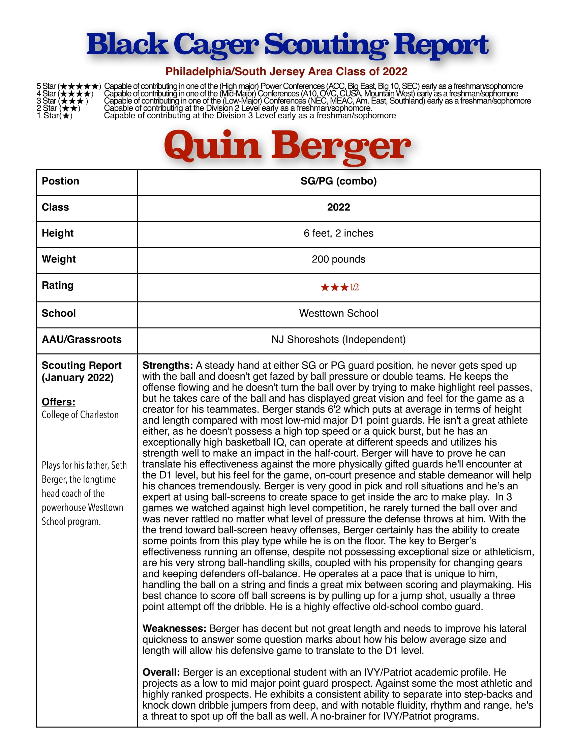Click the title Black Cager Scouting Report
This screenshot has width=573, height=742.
[x=287, y=45]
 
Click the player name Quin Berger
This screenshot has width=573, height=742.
[x=287, y=147]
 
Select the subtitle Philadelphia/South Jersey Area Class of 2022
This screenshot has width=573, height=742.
[x=286, y=72]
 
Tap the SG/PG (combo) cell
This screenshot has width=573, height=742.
[x=338, y=181]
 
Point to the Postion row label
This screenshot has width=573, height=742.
[x=60, y=181]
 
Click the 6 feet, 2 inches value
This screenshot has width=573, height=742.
[x=338, y=233]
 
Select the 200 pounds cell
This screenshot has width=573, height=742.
[x=338, y=259]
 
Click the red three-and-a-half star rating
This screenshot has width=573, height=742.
[x=339, y=287]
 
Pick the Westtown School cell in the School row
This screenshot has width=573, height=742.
[x=338, y=313]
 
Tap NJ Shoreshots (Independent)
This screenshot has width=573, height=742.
[x=338, y=339]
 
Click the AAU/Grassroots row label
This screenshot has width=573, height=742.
[x=82, y=339]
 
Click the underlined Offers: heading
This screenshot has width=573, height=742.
[x=58, y=402]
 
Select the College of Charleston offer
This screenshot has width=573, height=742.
[x=80, y=415]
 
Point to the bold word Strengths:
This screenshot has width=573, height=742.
[x=168, y=366]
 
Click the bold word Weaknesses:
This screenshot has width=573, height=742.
[x=174, y=629]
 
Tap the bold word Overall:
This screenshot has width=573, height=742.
[x=161, y=672]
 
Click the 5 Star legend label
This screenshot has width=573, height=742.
[x=46, y=86]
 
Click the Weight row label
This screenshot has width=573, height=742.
[x=59, y=259]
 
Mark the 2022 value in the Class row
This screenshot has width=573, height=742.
[x=338, y=207]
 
